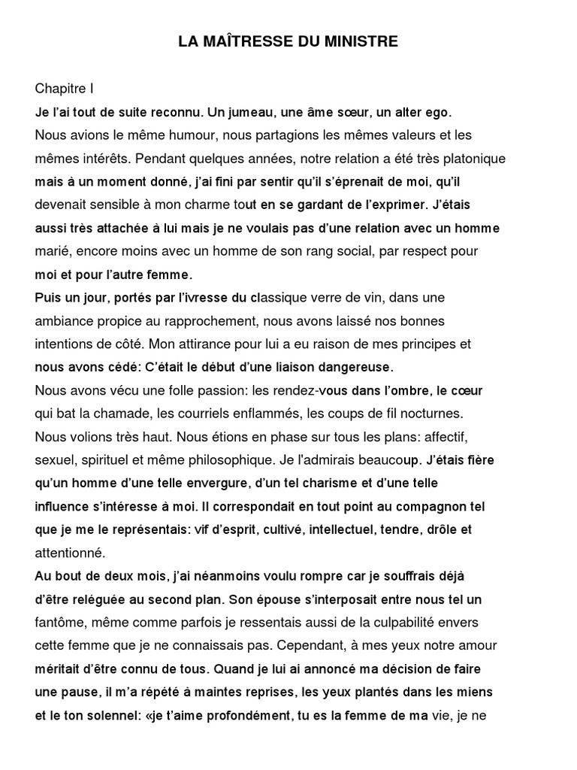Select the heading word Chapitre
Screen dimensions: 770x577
coord(60,89)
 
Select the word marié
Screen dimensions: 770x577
coord(53,250)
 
